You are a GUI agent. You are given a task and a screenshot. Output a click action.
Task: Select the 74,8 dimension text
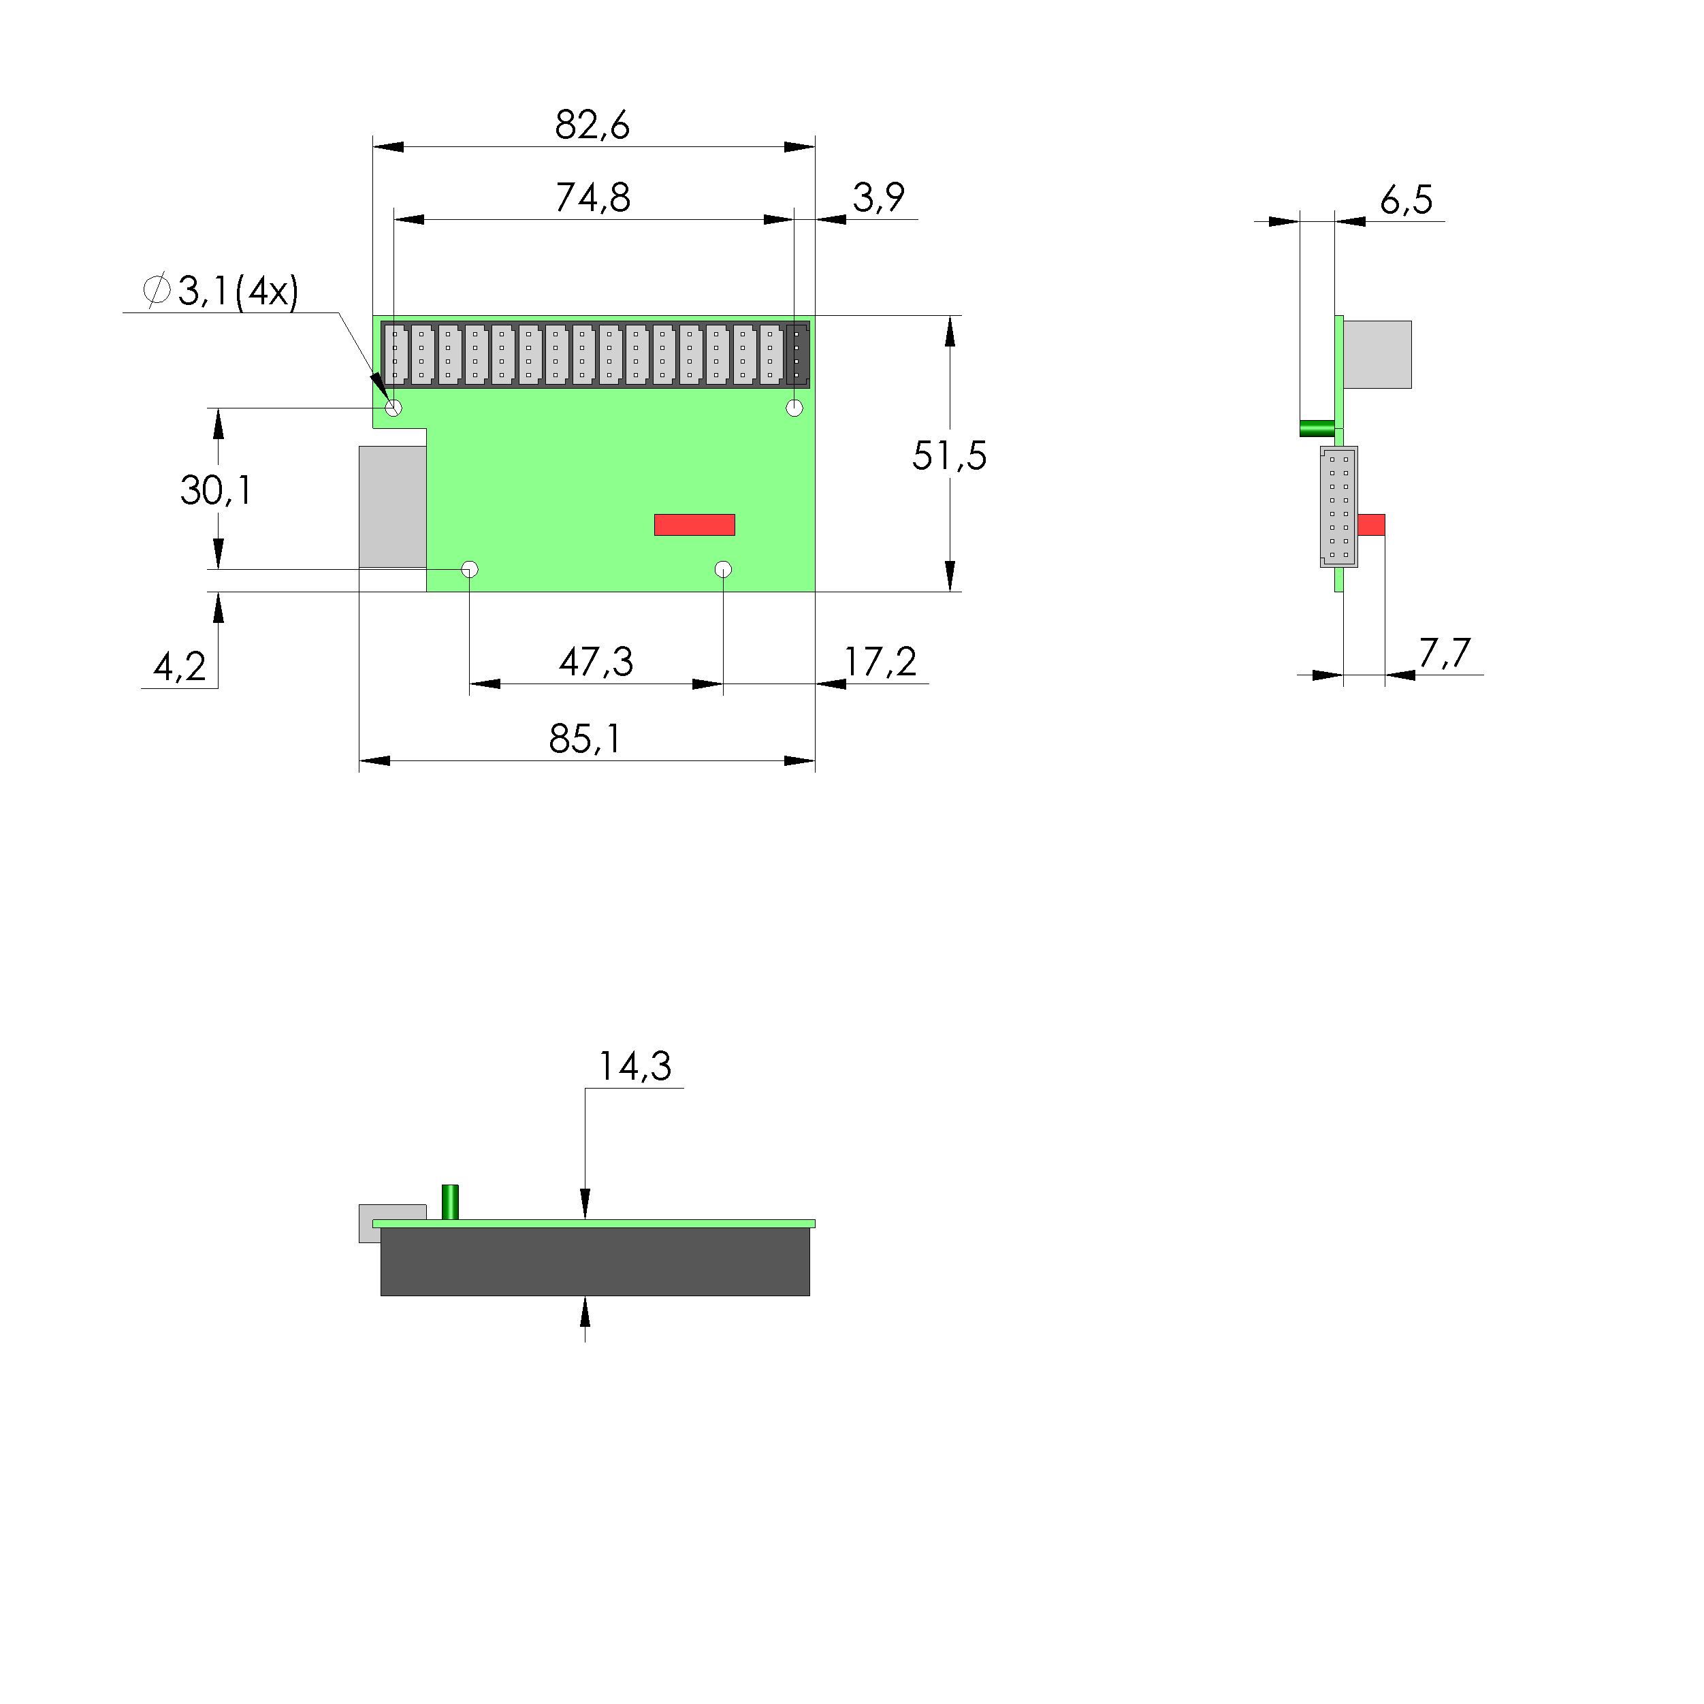tap(593, 197)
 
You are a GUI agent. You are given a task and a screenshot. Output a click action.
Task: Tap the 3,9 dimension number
tap(878, 197)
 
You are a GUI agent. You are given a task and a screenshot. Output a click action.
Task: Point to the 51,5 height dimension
tap(949, 456)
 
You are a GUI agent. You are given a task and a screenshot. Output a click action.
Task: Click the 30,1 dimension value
tap(216, 490)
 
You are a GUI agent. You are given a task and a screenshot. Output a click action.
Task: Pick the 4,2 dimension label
tap(180, 666)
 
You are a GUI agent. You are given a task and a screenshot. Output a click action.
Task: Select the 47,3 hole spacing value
tap(596, 662)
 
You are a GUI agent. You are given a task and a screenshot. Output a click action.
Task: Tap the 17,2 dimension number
tap(880, 662)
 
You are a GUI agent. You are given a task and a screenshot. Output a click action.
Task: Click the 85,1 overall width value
tap(585, 739)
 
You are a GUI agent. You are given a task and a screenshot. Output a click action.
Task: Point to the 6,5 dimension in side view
tap(1406, 200)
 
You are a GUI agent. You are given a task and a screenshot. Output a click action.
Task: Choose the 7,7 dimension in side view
tap(1444, 654)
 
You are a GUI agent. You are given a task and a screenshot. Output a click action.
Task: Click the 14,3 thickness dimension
tap(635, 1066)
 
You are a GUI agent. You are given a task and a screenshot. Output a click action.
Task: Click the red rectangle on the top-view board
tap(694, 525)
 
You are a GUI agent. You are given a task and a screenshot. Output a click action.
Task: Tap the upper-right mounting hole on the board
tap(794, 408)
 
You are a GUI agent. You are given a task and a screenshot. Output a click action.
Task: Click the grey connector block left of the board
tap(393, 507)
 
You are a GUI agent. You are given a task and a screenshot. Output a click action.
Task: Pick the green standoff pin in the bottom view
tap(450, 1202)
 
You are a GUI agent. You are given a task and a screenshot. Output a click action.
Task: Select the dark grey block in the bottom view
tap(595, 1262)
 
